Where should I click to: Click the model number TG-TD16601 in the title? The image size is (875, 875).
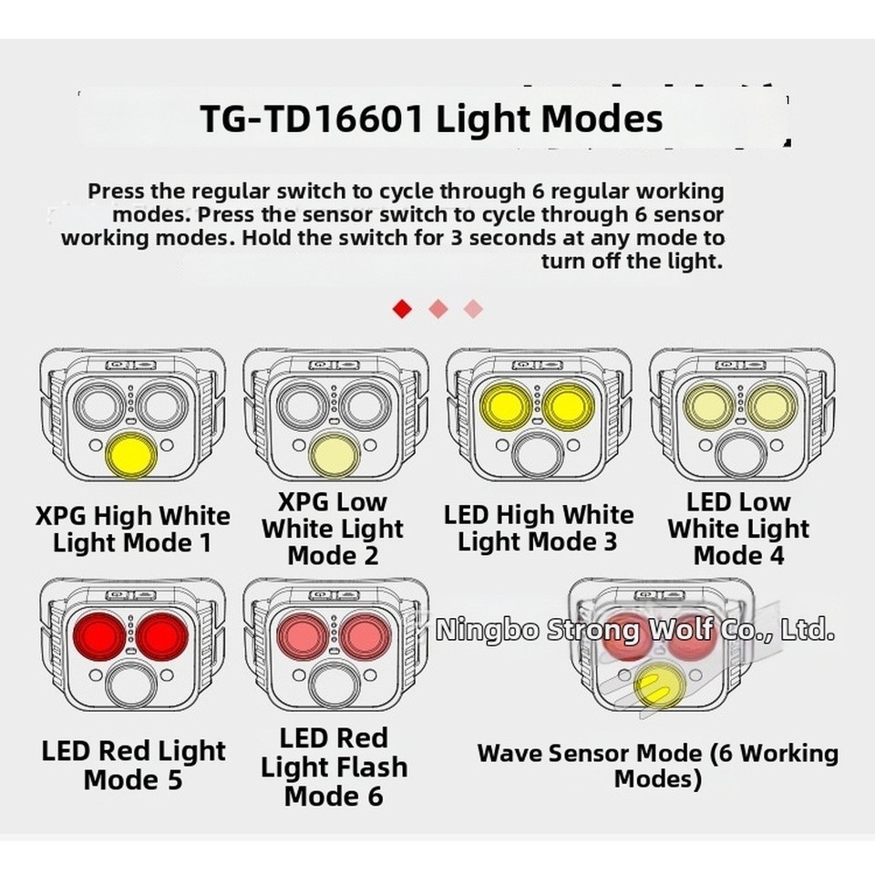312,119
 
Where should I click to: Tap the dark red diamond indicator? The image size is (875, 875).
402,309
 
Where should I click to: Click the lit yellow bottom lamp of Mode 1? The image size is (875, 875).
132,455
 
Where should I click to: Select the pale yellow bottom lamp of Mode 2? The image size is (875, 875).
334,455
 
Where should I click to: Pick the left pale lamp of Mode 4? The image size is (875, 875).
708,404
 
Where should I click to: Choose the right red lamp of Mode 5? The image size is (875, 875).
161,633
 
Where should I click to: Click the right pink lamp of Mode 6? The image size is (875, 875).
365,633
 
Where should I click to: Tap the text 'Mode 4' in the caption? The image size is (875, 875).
738,555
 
